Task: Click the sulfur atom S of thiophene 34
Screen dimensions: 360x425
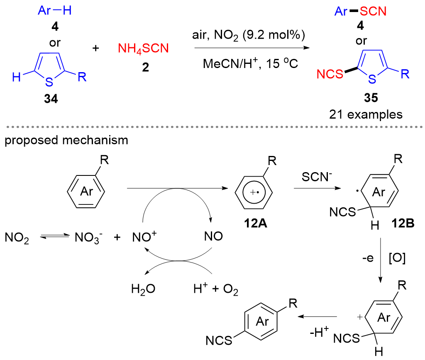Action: (49, 82)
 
